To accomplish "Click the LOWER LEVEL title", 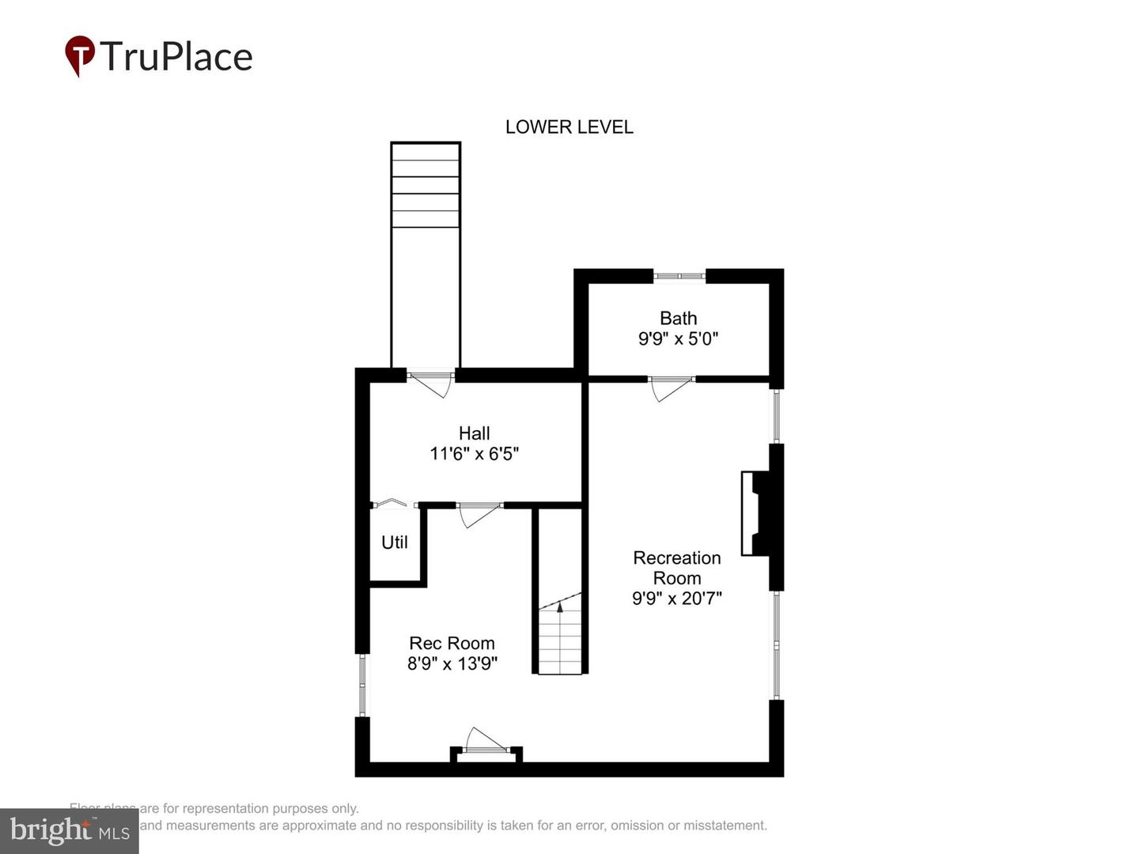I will (x=569, y=127).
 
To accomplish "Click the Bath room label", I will (x=678, y=318).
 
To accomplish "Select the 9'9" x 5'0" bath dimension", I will (x=678, y=338).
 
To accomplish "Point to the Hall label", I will (x=474, y=433).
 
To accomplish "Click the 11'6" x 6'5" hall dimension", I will (x=474, y=454).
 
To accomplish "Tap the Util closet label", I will (x=395, y=542).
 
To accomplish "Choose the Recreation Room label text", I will (x=676, y=568).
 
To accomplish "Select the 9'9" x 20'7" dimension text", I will (x=676, y=599).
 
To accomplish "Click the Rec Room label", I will (x=452, y=644).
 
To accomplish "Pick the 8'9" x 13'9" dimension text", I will (x=452, y=664).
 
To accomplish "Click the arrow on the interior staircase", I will (x=560, y=607).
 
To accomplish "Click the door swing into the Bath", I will (x=669, y=388).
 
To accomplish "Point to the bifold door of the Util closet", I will (x=393, y=503).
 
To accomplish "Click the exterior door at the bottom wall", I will (x=485, y=743).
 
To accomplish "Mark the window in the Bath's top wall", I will (x=679, y=276).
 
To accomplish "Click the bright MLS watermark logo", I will (x=70, y=830).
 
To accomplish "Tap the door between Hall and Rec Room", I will (x=479, y=514).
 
